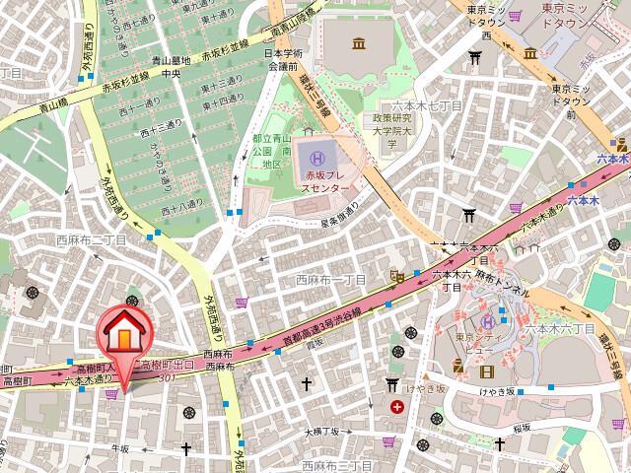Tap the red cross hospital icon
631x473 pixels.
(396, 406)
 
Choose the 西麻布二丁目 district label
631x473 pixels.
(91, 239)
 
